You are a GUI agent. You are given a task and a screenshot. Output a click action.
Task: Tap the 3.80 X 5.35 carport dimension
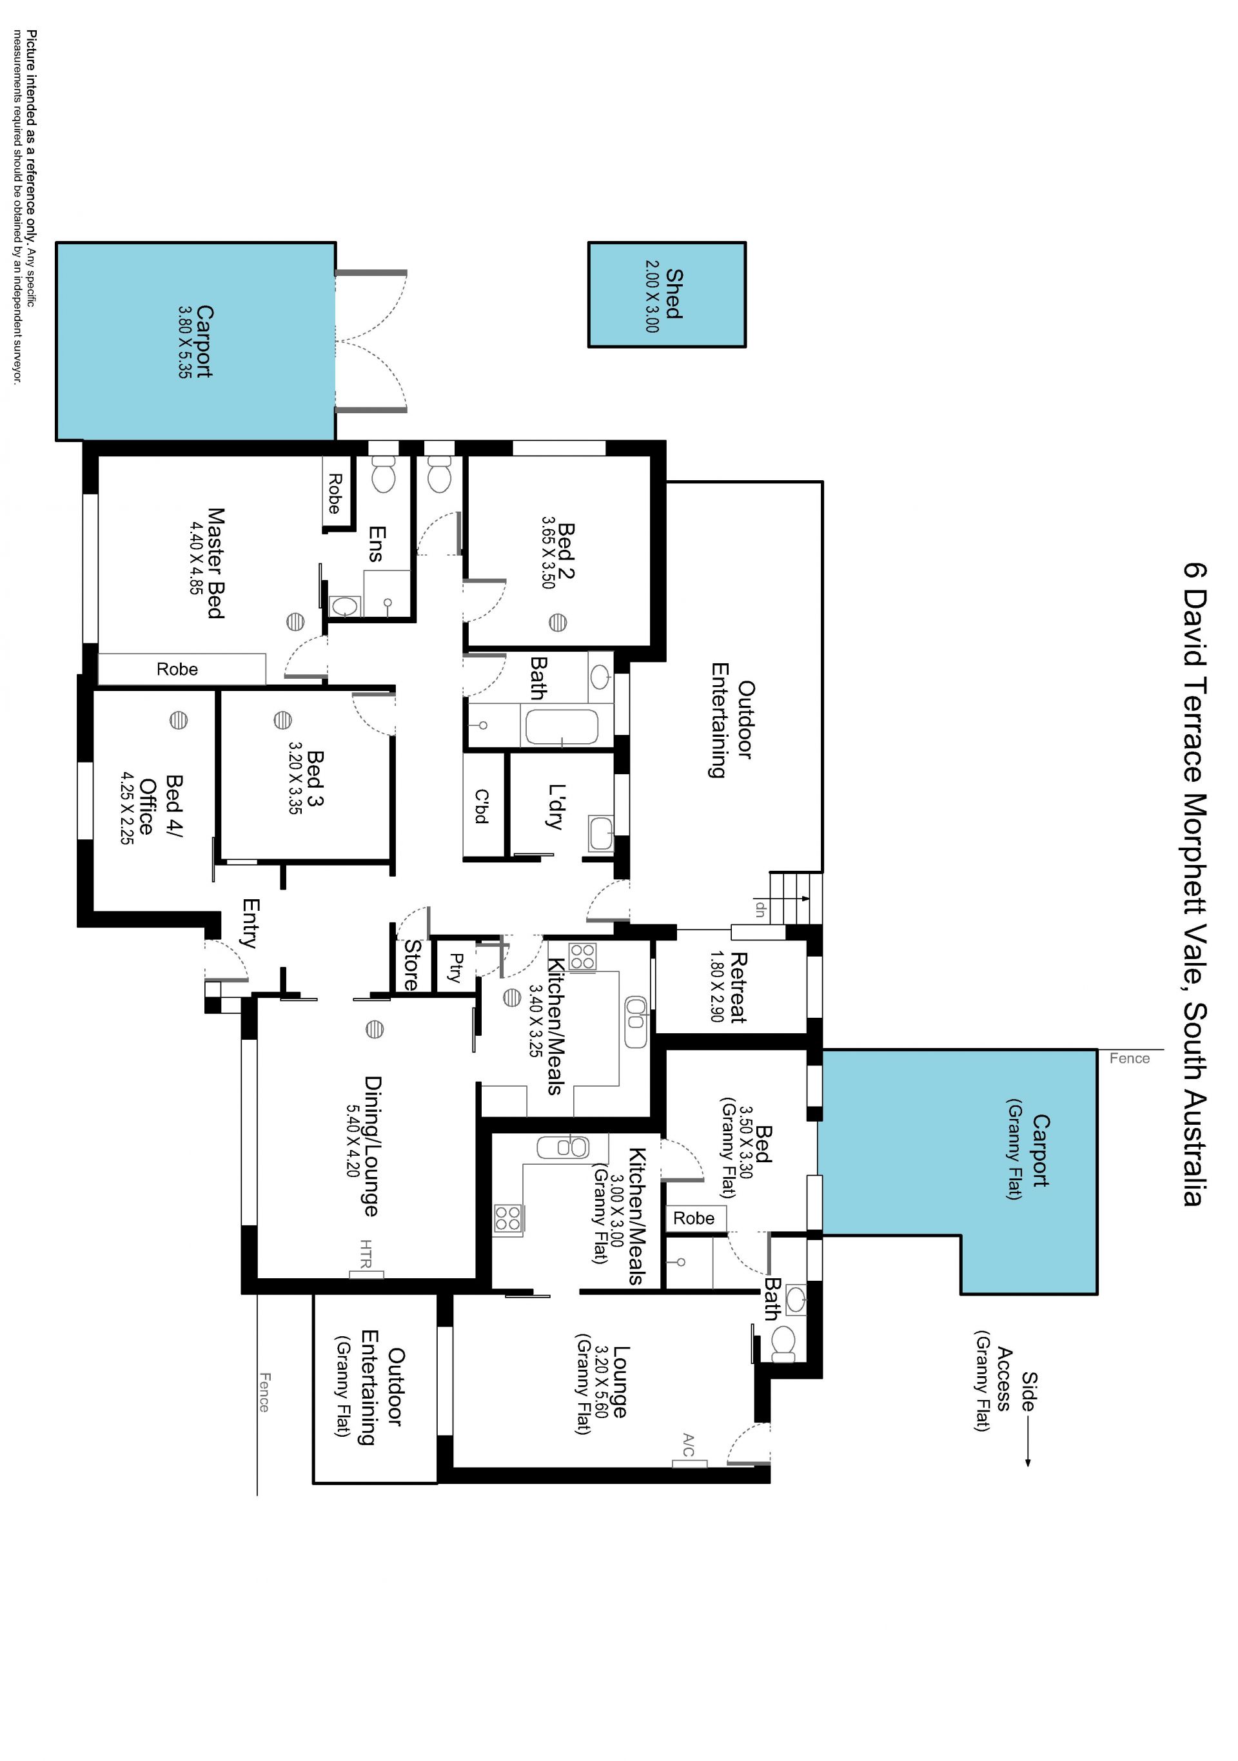pos(185,342)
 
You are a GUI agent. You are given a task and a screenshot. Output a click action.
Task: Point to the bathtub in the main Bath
pos(559,726)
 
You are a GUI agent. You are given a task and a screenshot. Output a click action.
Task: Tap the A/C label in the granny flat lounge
pos(688,1445)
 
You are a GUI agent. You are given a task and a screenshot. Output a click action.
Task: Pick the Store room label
pos(412,964)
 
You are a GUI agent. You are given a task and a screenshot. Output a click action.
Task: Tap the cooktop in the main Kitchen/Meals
pos(582,957)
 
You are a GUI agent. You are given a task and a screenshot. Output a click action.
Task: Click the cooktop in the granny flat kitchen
pos(508,1219)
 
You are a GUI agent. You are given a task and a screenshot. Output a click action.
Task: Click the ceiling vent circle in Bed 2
pos(558,622)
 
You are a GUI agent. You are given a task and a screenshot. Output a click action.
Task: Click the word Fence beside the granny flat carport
pos(1130,1058)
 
